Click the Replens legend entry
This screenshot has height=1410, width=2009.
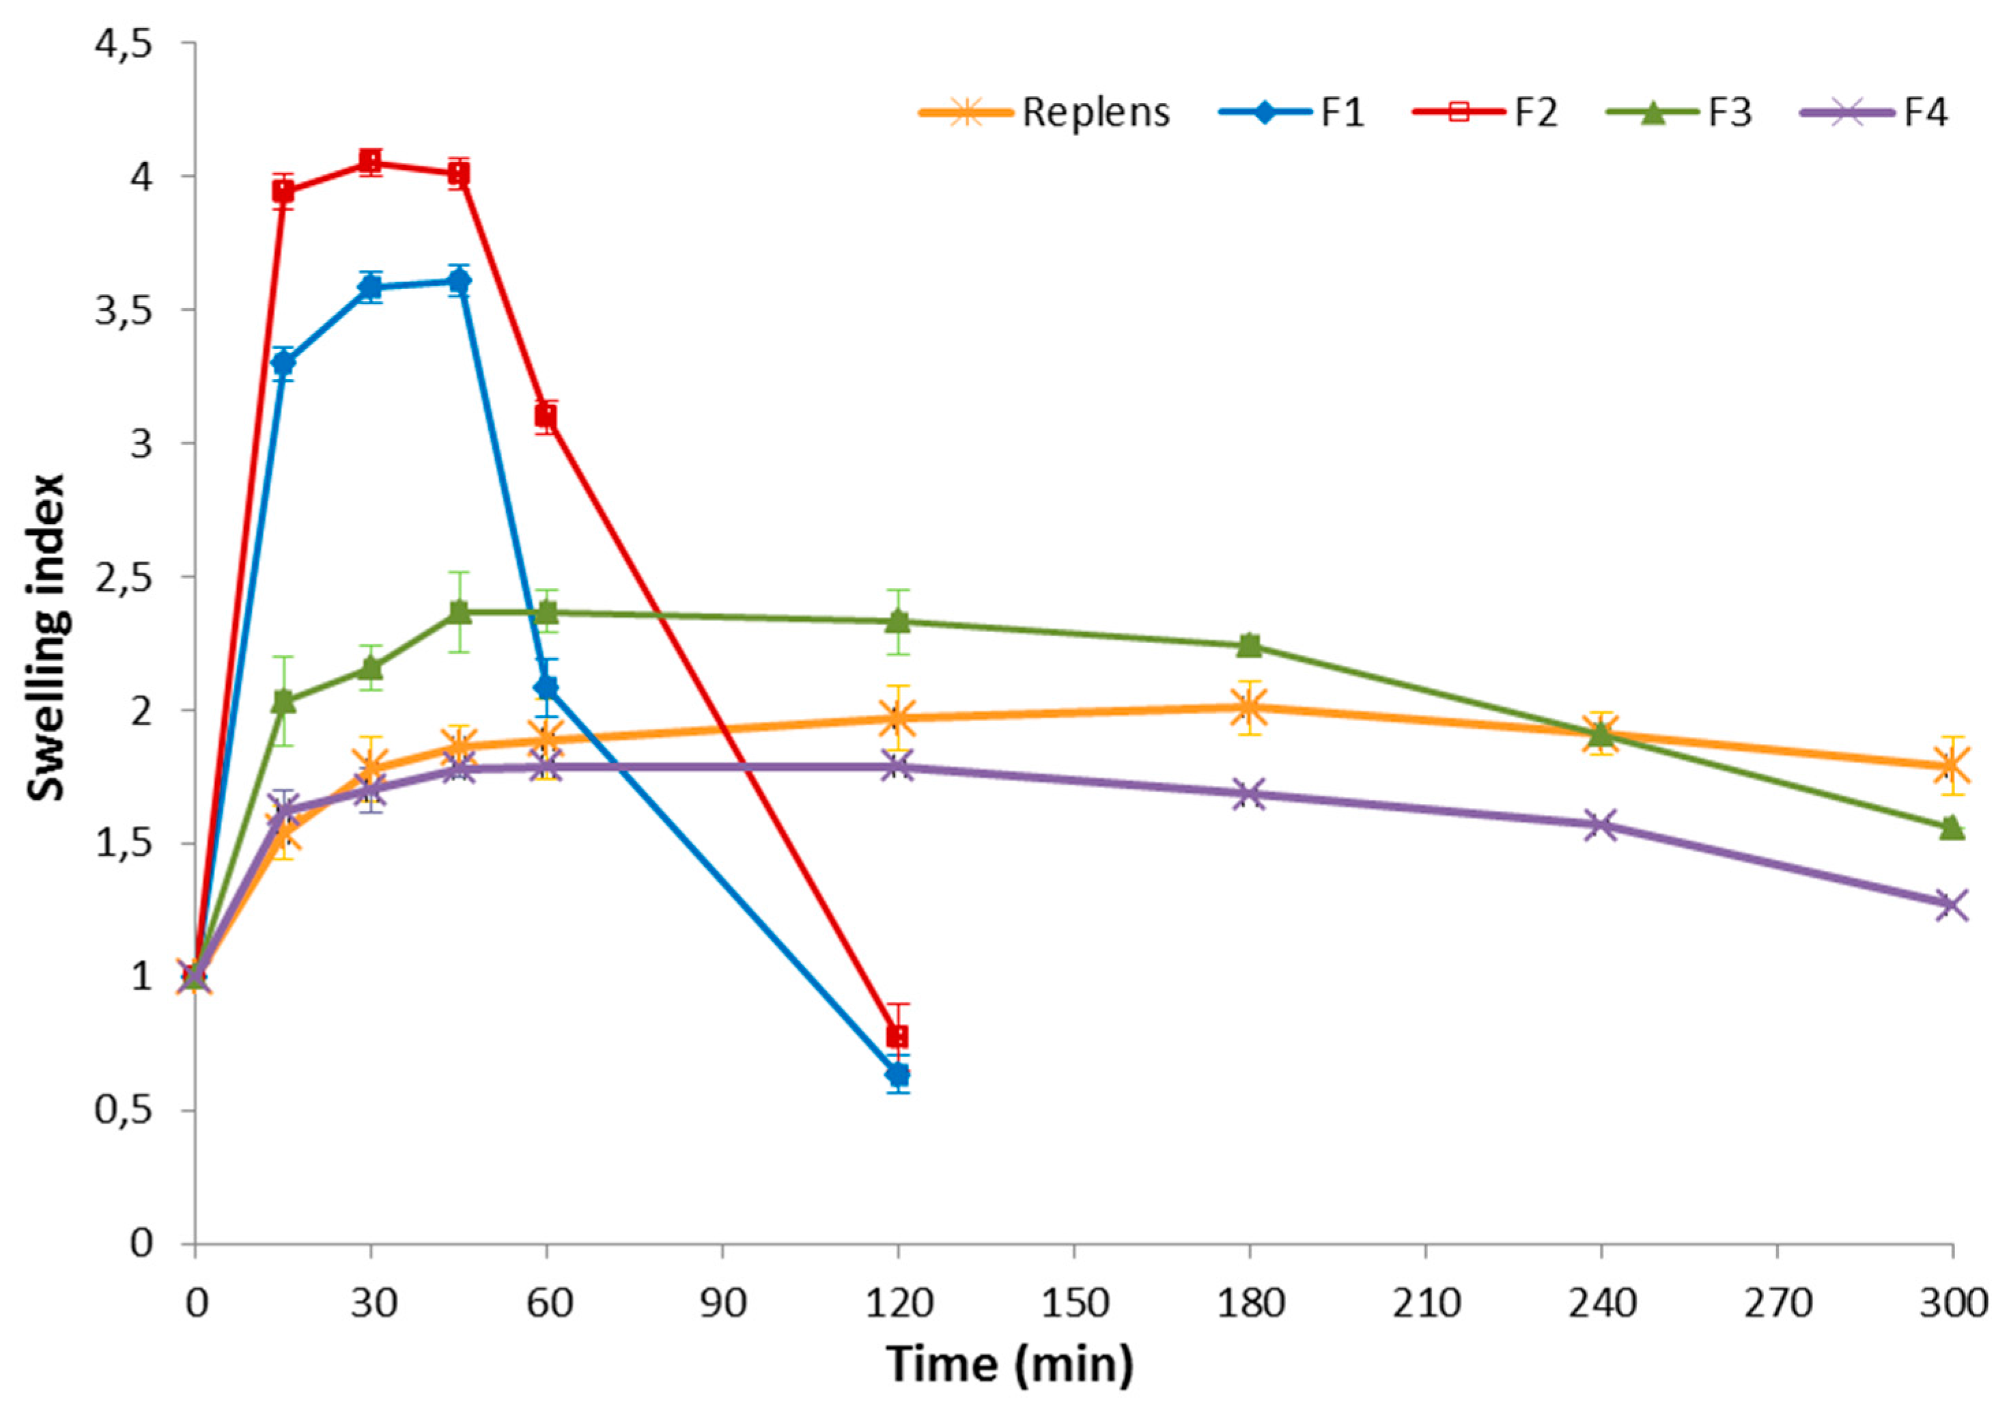1045,113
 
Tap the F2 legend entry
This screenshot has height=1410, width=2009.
1487,113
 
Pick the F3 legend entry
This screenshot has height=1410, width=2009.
1680,113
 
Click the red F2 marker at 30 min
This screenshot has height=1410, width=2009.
371,162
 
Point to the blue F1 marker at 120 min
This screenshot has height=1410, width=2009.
898,1074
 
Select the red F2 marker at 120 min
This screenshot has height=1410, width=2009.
898,1036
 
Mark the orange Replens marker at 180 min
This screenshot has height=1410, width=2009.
1250,707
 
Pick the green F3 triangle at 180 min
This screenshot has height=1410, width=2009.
1250,645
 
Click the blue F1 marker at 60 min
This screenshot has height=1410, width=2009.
547,687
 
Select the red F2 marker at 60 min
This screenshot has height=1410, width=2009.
547,416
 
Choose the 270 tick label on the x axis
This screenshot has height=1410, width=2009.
1777,1304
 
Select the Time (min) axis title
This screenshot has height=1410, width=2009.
1011,1364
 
